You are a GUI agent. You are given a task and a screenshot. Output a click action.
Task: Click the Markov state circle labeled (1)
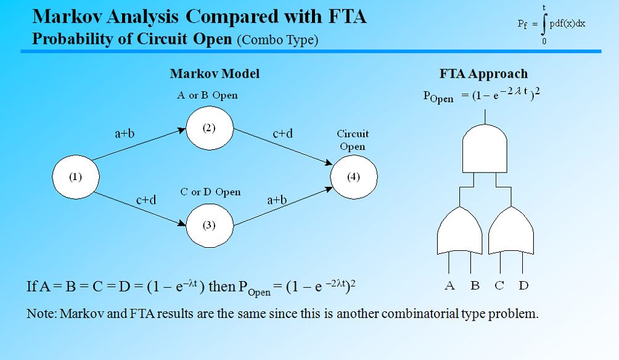coord(75,178)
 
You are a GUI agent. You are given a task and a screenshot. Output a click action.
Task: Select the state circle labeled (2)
coord(210,129)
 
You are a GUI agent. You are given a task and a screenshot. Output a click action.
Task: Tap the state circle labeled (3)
coord(210,226)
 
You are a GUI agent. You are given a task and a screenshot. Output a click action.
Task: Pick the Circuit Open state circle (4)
coord(354,178)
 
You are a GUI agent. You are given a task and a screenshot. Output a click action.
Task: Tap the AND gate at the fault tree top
coord(485,147)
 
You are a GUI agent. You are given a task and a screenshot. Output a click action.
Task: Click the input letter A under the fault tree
coord(449,285)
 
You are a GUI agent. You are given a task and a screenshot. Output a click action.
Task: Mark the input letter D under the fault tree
coord(523,285)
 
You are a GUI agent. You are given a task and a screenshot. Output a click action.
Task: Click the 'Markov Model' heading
coord(215,74)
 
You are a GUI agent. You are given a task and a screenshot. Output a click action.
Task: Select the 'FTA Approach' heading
coord(483,74)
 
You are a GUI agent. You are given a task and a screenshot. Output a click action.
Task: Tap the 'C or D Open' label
coord(210,192)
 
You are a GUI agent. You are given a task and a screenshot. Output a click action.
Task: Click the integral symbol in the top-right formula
coord(544,24)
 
